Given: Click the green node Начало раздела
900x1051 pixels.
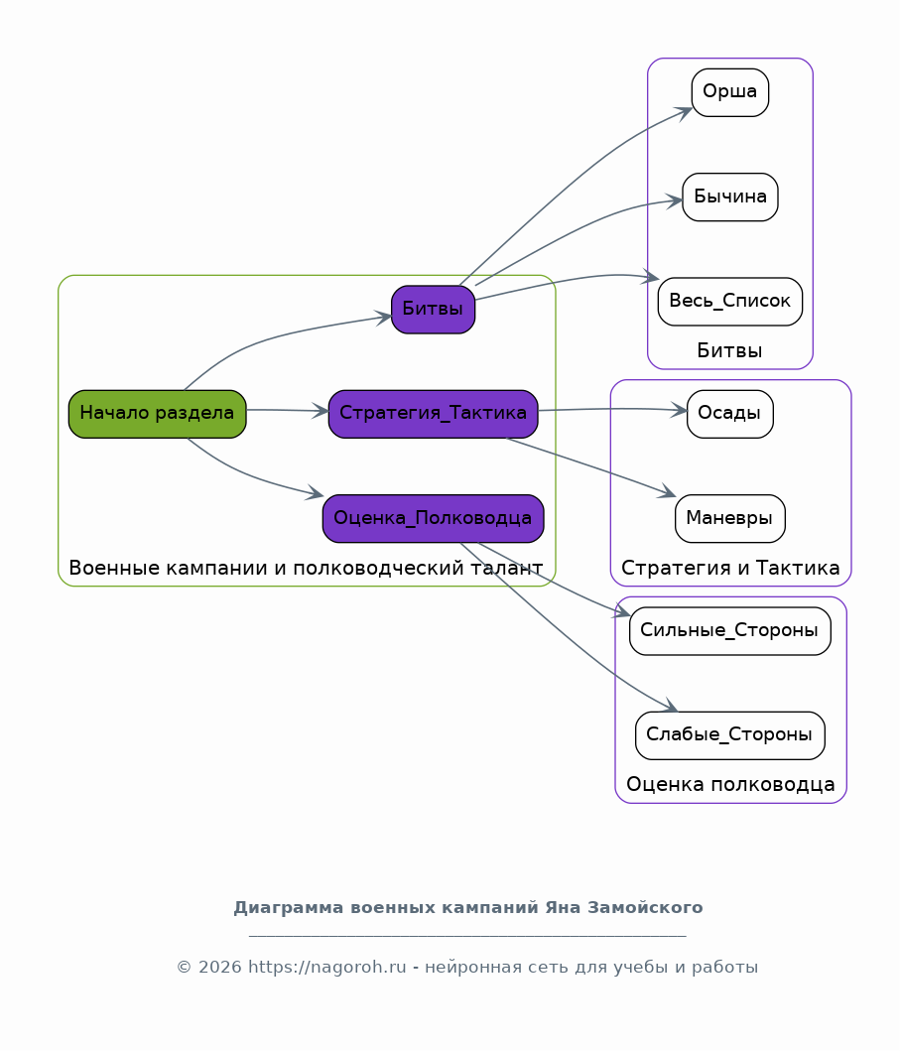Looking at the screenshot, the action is click(x=158, y=414).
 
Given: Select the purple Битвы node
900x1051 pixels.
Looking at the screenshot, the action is click(x=433, y=309).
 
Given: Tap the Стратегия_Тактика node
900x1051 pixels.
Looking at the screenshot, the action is click(x=433, y=414).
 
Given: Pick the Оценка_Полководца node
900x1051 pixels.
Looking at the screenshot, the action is click(x=433, y=518).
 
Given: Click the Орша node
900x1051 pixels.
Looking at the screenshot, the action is click(x=729, y=92).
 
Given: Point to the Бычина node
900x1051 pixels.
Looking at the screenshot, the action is click(x=729, y=197).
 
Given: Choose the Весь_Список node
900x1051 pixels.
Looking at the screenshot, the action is click(x=729, y=301).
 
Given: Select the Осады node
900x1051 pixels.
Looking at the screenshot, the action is click(x=729, y=414).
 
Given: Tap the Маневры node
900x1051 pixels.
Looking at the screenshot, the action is click(x=729, y=518).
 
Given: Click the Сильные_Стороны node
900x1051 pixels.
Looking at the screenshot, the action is click(x=729, y=631).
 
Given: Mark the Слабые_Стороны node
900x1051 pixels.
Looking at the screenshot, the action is click(x=729, y=735).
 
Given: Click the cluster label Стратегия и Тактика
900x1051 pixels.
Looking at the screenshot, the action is click(x=730, y=568).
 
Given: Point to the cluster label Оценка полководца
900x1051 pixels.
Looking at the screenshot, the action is click(x=730, y=784).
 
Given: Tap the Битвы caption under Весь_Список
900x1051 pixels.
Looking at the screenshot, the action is click(x=729, y=350).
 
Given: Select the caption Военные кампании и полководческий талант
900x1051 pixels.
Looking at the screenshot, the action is click(x=306, y=568).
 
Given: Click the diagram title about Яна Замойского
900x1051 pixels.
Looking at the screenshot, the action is click(x=467, y=907).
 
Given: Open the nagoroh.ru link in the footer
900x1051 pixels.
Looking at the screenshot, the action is click(x=327, y=968).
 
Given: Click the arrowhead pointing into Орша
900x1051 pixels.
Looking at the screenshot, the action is click(x=685, y=112).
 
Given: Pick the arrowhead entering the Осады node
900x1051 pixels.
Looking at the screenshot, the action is click(x=678, y=410).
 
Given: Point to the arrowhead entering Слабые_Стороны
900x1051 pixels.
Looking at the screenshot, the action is click(x=670, y=706).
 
